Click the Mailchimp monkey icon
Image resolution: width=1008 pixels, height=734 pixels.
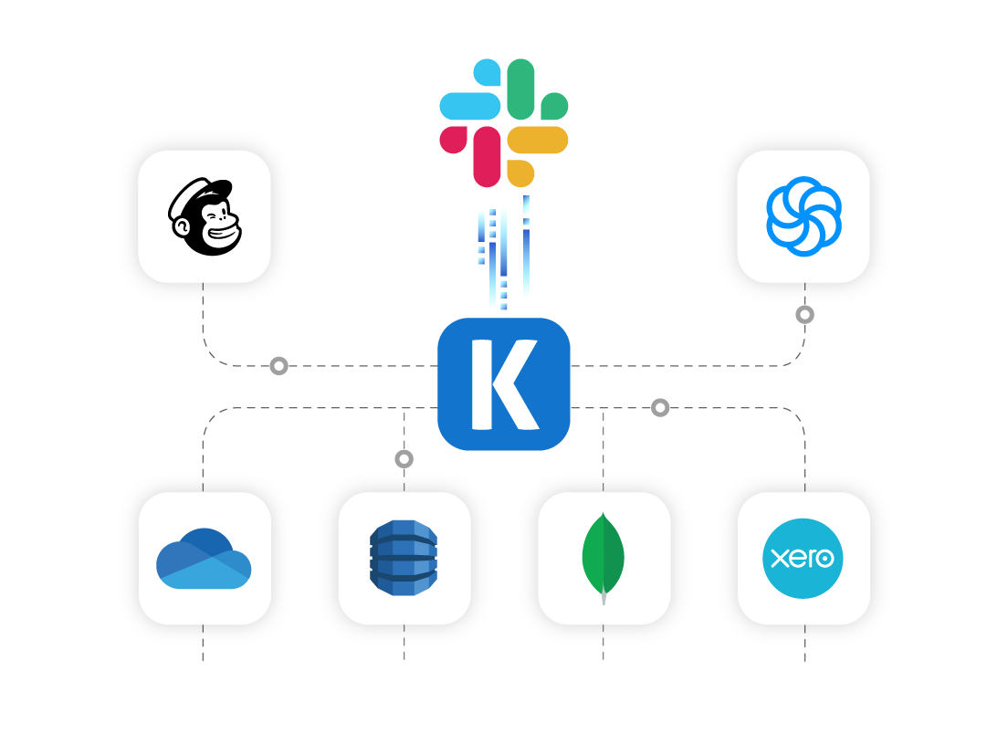tap(205, 217)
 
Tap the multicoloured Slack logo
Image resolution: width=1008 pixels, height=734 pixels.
tap(504, 122)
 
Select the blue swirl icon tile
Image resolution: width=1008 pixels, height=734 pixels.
tap(803, 216)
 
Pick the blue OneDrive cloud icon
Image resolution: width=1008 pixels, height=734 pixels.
tap(204, 559)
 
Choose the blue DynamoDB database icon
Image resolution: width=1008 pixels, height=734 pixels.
tap(404, 559)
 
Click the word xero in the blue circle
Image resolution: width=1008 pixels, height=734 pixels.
tap(803, 558)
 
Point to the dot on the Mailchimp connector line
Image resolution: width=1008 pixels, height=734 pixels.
tap(279, 366)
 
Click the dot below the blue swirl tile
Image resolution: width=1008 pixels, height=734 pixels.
tap(804, 315)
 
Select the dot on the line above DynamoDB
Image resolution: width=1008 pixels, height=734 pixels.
tap(404, 458)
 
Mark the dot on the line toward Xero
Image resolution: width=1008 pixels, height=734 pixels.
tap(660, 407)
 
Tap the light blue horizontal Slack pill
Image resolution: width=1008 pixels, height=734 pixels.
tap(470, 106)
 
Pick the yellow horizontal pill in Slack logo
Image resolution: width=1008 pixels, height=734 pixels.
tap(538, 140)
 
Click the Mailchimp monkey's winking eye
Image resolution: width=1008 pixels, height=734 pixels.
tap(216, 216)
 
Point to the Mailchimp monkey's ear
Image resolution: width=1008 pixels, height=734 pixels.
tap(182, 219)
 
